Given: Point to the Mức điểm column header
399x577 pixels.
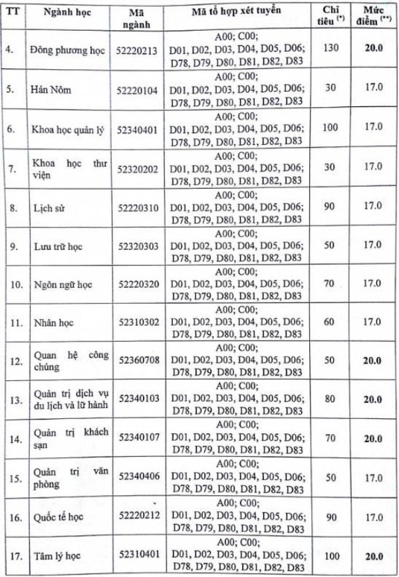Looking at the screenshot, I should pos(372,16).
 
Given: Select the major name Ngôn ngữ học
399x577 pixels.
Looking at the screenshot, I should pos(63,286).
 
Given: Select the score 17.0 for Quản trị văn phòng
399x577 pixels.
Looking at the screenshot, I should pos(372,476).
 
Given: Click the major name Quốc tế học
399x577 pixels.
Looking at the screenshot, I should pos(59,516).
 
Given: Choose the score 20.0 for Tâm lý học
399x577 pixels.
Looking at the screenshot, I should pos(372,553).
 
